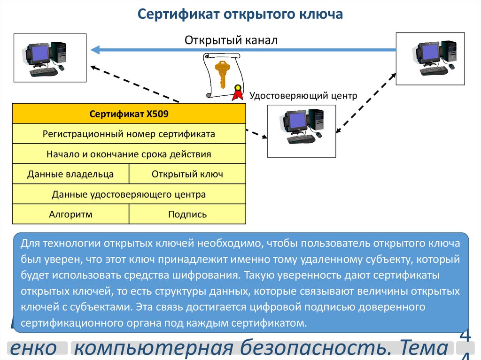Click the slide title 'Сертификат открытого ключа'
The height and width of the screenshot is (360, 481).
click(x=240, y=15)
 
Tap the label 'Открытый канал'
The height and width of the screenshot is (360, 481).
click(x=231, y=40)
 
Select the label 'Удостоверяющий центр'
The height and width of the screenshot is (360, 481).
click(x=303, y=96)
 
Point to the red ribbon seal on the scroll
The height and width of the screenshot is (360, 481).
click(x=238, y=93)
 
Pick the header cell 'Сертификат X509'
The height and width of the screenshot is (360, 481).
click(x=129, y=114)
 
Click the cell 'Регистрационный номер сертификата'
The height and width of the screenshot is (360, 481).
click(x=129, y=134)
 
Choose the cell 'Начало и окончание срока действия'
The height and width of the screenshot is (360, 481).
click(x=129, y=154)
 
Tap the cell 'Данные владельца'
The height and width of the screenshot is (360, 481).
click(x=70, y=174)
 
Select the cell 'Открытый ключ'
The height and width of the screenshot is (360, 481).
click(x=187, y=174)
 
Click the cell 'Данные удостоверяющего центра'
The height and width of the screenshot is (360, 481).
click(x=129, y=194)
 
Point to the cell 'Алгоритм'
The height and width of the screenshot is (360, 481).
click(x=70, y=214)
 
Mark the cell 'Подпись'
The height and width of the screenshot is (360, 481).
click(x=187, y=214)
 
